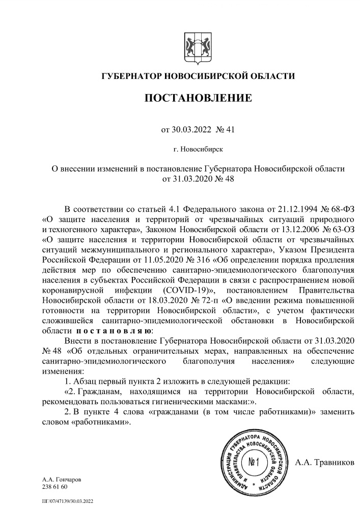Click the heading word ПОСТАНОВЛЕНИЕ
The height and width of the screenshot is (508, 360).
(x=198, y=97)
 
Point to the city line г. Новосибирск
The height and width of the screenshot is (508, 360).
(x=198, y=149)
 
